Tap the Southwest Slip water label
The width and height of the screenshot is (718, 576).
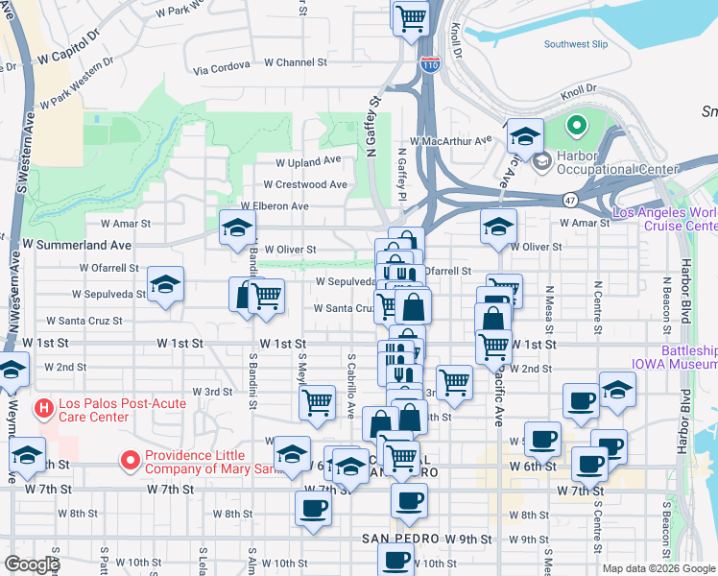(x=576, y=44)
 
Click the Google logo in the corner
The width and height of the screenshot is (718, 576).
(x=32, y=564)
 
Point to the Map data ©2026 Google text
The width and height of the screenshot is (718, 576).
(x=658, y=568)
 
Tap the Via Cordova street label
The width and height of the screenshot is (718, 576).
(x=222, y=68)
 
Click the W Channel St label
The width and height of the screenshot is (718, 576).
(x=296, y=62)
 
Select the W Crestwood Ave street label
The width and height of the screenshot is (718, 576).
(x=304, y=184)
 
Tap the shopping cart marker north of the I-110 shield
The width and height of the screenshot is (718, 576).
(x=411, y=17)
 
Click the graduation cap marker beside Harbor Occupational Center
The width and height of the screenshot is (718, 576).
(x=525, y=136)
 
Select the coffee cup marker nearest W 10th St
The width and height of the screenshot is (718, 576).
(x=395, y=559)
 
